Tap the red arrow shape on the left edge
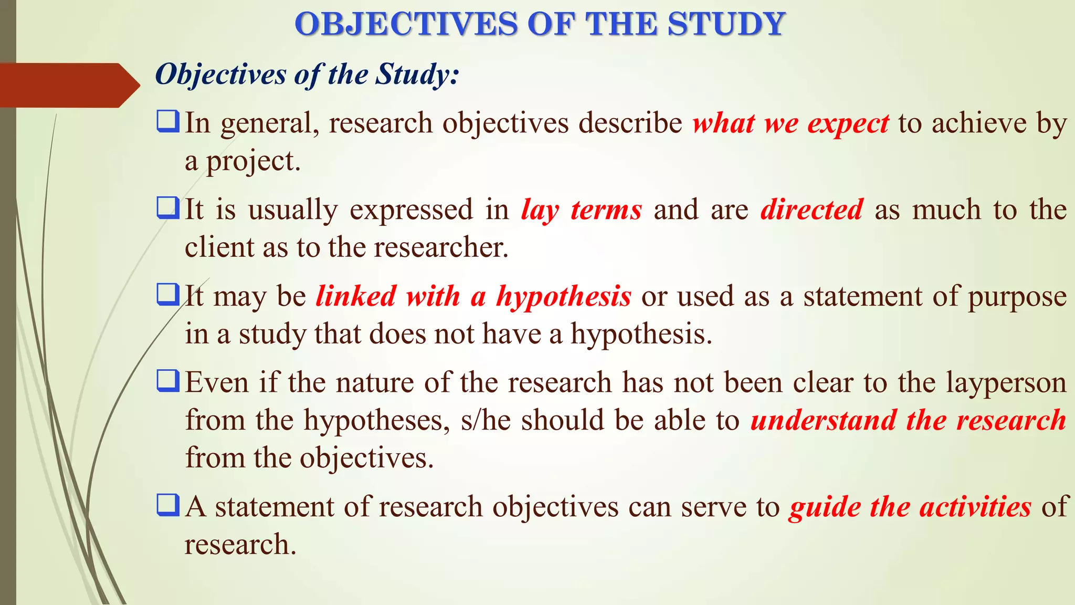(x=68, y=85)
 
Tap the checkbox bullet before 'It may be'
(x=168, y=295)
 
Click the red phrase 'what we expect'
(x=791, y=124)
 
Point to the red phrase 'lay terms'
(x=581, y=210)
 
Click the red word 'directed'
(x=811, y=210)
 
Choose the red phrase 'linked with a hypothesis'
(x=473, y=297)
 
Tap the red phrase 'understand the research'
(x=908, y=421)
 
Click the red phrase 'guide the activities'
(x=910, y=507)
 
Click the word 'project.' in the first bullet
(x=253, y=162)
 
